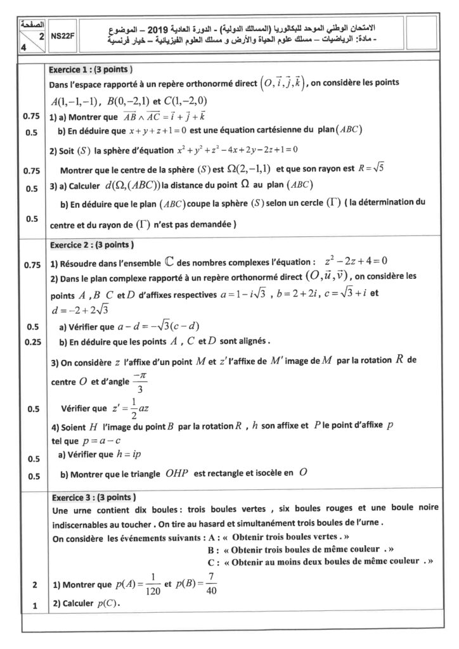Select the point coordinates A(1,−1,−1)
click(x=76, y=101)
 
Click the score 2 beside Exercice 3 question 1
click(x=30, y=584)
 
